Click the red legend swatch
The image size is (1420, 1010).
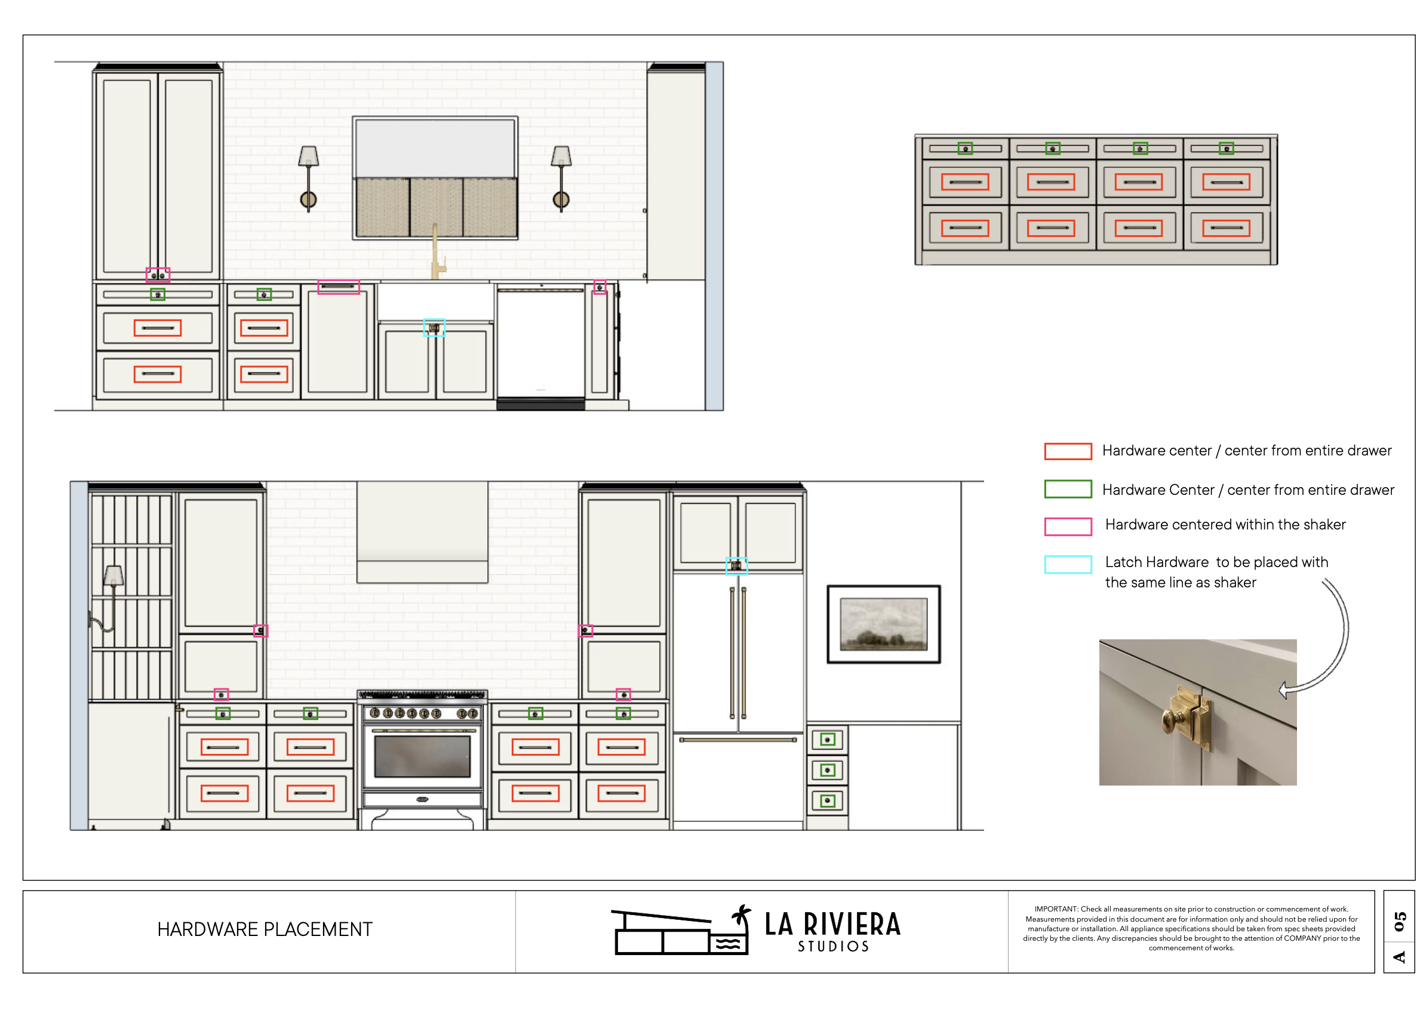(x=1067, y=451)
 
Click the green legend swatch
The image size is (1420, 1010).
(x=1067, y=489)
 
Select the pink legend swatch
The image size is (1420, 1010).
(x=1067, y=526)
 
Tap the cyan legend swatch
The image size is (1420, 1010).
(x=1067, y=564)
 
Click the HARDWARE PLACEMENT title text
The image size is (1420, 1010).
(x=265, y=929)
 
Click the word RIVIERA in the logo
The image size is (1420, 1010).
(x=852, y=924)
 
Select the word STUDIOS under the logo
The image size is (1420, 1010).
(x=833, y=947)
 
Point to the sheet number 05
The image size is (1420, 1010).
(x=1400, y=921)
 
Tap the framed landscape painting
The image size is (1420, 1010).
(x=883, y=624)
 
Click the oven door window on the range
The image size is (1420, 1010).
(x=422, y=756)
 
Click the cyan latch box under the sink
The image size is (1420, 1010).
(x=434, y=328)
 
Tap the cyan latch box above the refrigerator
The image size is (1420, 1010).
(x=736, y=566)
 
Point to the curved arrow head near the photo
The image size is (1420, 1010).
(x=1284, y=689)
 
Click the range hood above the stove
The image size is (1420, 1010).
(x=422, y=532)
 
